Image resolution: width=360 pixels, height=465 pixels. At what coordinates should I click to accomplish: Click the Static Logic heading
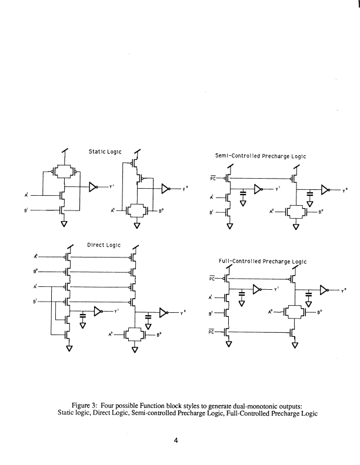pyautogui.click(x=104, y=152)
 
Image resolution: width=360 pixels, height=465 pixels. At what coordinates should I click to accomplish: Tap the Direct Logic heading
pyautogui.click(x=104, y=245)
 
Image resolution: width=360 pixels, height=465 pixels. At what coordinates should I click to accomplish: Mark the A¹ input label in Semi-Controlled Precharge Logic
pyautogui.click(x=213, y=198)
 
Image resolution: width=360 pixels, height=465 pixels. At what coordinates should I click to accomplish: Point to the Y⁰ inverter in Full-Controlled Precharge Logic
pyautogui.click(x=324, y=289)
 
